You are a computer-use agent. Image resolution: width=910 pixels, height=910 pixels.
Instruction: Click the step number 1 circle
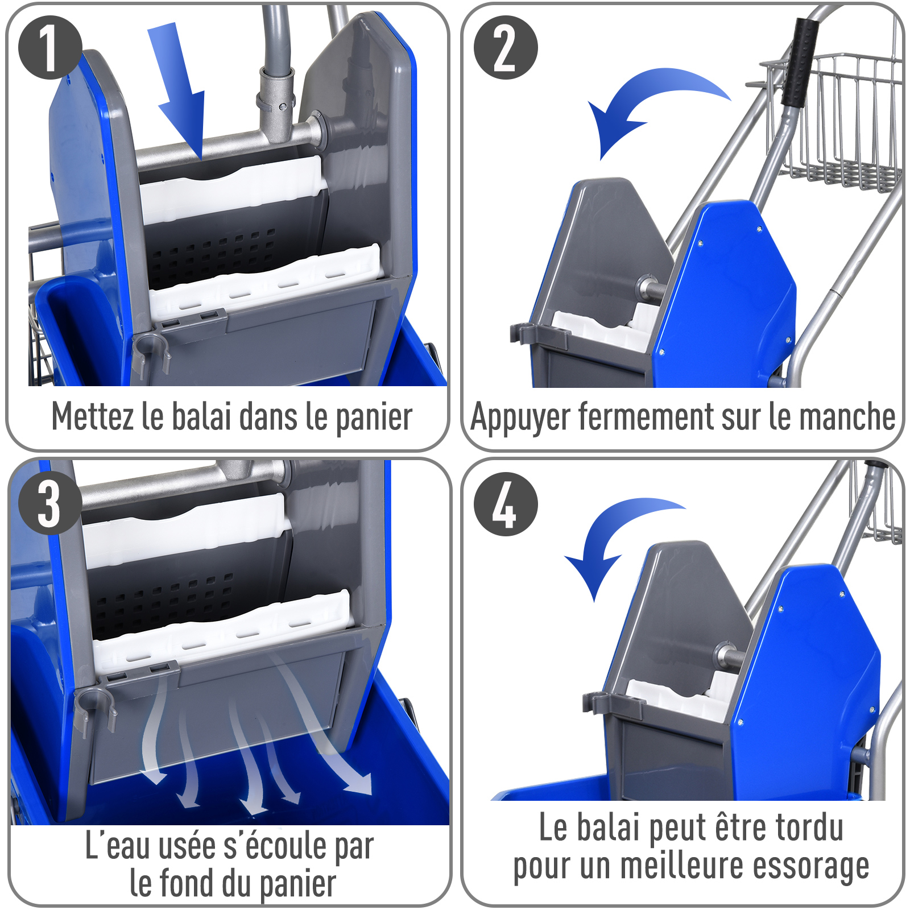[50, 47]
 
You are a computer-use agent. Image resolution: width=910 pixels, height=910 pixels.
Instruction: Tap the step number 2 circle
[506, 47]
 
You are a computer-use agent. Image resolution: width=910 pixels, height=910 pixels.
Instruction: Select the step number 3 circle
[50, 503]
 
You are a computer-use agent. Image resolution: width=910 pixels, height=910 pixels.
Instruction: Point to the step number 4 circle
[506, 504]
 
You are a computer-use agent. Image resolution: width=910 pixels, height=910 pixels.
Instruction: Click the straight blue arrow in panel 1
[179, 91]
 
